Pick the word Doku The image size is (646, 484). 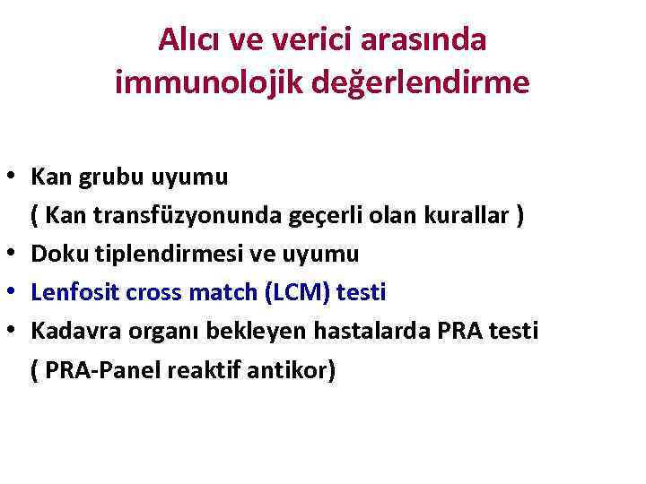55,254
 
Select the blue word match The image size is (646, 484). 209,292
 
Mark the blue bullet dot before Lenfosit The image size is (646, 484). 15,293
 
